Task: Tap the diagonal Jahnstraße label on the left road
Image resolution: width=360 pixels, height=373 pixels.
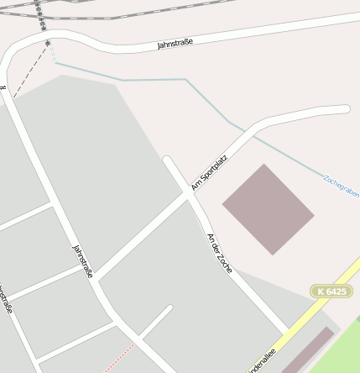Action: [x=83, y=261]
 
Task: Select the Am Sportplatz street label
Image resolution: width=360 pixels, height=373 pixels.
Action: [x=209, y=171]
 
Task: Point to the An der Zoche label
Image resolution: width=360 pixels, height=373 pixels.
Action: [x=219, y=251]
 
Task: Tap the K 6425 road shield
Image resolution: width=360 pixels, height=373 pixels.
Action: [x=331, y=291]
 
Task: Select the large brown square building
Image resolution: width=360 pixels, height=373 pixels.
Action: [x=268, y=209]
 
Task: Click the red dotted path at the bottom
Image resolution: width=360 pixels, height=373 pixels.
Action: [x=119, y=358]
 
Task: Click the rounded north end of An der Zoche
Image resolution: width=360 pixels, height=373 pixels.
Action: [x=168, y=160]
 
